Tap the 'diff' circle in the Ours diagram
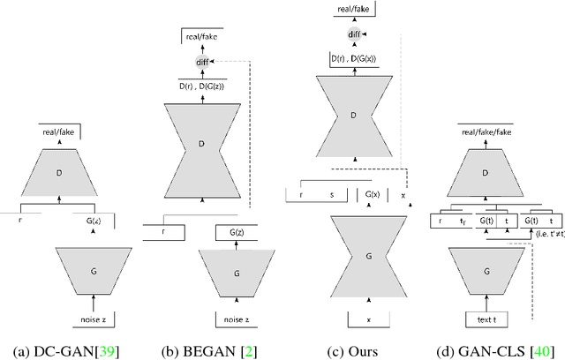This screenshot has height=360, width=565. point(353,34)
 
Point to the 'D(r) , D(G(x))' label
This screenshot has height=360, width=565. point(354,58)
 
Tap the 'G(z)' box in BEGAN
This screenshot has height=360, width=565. point(237,232)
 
